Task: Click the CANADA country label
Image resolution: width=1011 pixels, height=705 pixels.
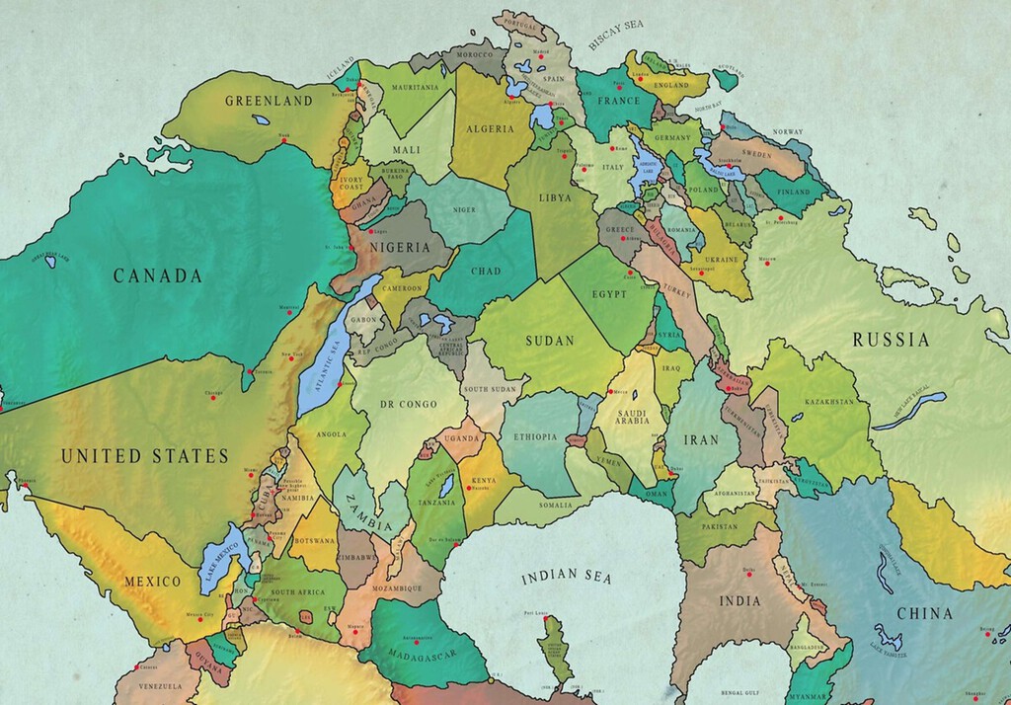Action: pos(157,276)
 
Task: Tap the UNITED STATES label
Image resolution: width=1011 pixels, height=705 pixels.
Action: pos(144,456)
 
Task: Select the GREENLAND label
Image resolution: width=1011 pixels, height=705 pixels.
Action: pos(269,101)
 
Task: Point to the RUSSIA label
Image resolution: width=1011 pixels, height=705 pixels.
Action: pos(892,341)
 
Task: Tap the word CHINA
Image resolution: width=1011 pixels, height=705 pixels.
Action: pos(924,614)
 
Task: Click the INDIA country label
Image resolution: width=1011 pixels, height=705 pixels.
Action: pos(739,600)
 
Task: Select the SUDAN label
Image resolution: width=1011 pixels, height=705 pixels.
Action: pos(550,342)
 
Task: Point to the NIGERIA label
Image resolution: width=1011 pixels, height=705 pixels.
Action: pos(400,247)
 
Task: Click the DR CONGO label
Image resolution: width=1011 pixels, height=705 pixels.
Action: pos(408,404)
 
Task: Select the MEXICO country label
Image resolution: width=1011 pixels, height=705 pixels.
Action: pos(152,582)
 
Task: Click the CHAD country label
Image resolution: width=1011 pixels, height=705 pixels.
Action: pos(486,272)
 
